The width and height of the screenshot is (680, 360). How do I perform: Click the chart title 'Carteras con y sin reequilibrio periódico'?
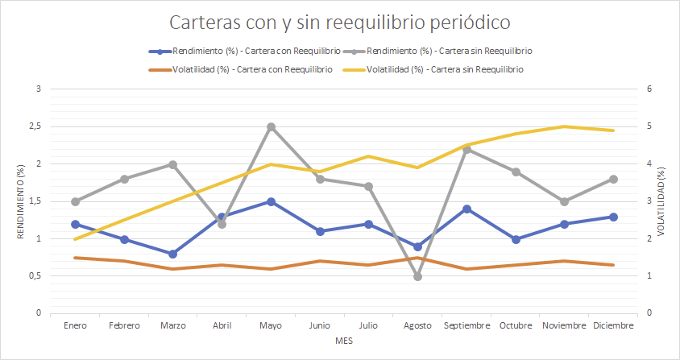(x=339, y=22)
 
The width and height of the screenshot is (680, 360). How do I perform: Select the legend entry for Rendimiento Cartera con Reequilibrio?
(x=245, y=51)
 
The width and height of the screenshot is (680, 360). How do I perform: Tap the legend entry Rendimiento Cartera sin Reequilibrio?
(x=438, y=51)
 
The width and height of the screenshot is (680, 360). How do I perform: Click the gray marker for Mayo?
(x=271, y=127)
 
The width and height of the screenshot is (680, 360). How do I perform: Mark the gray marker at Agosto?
(x=417, y=276)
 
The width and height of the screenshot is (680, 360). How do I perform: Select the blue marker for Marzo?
(x=172, y=254)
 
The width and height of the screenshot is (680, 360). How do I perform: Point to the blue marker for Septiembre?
(x=466, y=209)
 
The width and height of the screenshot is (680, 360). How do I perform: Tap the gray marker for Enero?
(x=75, y=201)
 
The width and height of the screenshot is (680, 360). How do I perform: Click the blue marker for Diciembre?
(x=613, y=217)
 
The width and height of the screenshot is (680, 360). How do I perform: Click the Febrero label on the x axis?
(x=124, y=325)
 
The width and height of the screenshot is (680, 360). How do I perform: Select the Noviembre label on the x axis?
(x=564, y=325)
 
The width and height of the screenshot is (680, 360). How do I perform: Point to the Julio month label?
(x=368, y=325)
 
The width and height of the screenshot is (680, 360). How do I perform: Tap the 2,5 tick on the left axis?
(x=33, y=127)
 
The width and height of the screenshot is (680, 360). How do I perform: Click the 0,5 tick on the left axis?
(x=33, y=276)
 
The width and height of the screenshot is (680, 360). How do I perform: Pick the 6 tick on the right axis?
(x=649, y=89)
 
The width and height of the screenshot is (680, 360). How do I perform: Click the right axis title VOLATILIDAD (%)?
(x=662, y=201)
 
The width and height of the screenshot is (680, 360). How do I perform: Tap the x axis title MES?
(x=344, y=342)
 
